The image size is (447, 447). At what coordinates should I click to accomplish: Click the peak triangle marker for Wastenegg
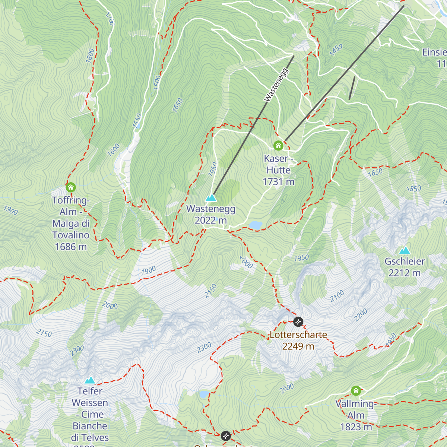(211, 198)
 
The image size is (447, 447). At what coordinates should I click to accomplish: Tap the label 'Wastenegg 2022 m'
(211, 215)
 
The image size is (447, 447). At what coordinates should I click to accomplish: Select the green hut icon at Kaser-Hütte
(278, 145)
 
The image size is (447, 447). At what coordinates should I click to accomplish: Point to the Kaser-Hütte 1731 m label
(279, 170)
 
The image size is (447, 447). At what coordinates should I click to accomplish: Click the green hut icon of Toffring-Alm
(71, 187)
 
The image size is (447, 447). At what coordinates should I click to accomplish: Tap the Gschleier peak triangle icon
(405, 250)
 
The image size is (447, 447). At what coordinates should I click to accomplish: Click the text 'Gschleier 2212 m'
(405, 267)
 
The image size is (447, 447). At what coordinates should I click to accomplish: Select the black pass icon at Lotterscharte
(298, 321)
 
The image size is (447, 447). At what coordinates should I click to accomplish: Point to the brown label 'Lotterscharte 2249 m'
(298, 340)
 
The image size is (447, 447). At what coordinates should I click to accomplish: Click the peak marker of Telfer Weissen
(90, 380)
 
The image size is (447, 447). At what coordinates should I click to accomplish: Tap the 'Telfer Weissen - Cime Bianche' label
(90, 414)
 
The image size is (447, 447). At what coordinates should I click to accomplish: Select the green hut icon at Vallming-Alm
(356, 390)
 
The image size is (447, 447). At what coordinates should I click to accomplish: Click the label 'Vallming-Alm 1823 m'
(356, 415)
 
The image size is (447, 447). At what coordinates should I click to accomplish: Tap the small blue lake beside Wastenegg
(256, 225)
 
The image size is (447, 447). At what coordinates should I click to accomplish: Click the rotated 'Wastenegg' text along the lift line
(276, 85)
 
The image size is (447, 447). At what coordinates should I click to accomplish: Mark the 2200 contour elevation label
(361, 315)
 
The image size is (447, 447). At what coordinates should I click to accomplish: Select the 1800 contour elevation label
(90, 56)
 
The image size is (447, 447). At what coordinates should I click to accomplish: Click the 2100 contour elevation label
(337, 296)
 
